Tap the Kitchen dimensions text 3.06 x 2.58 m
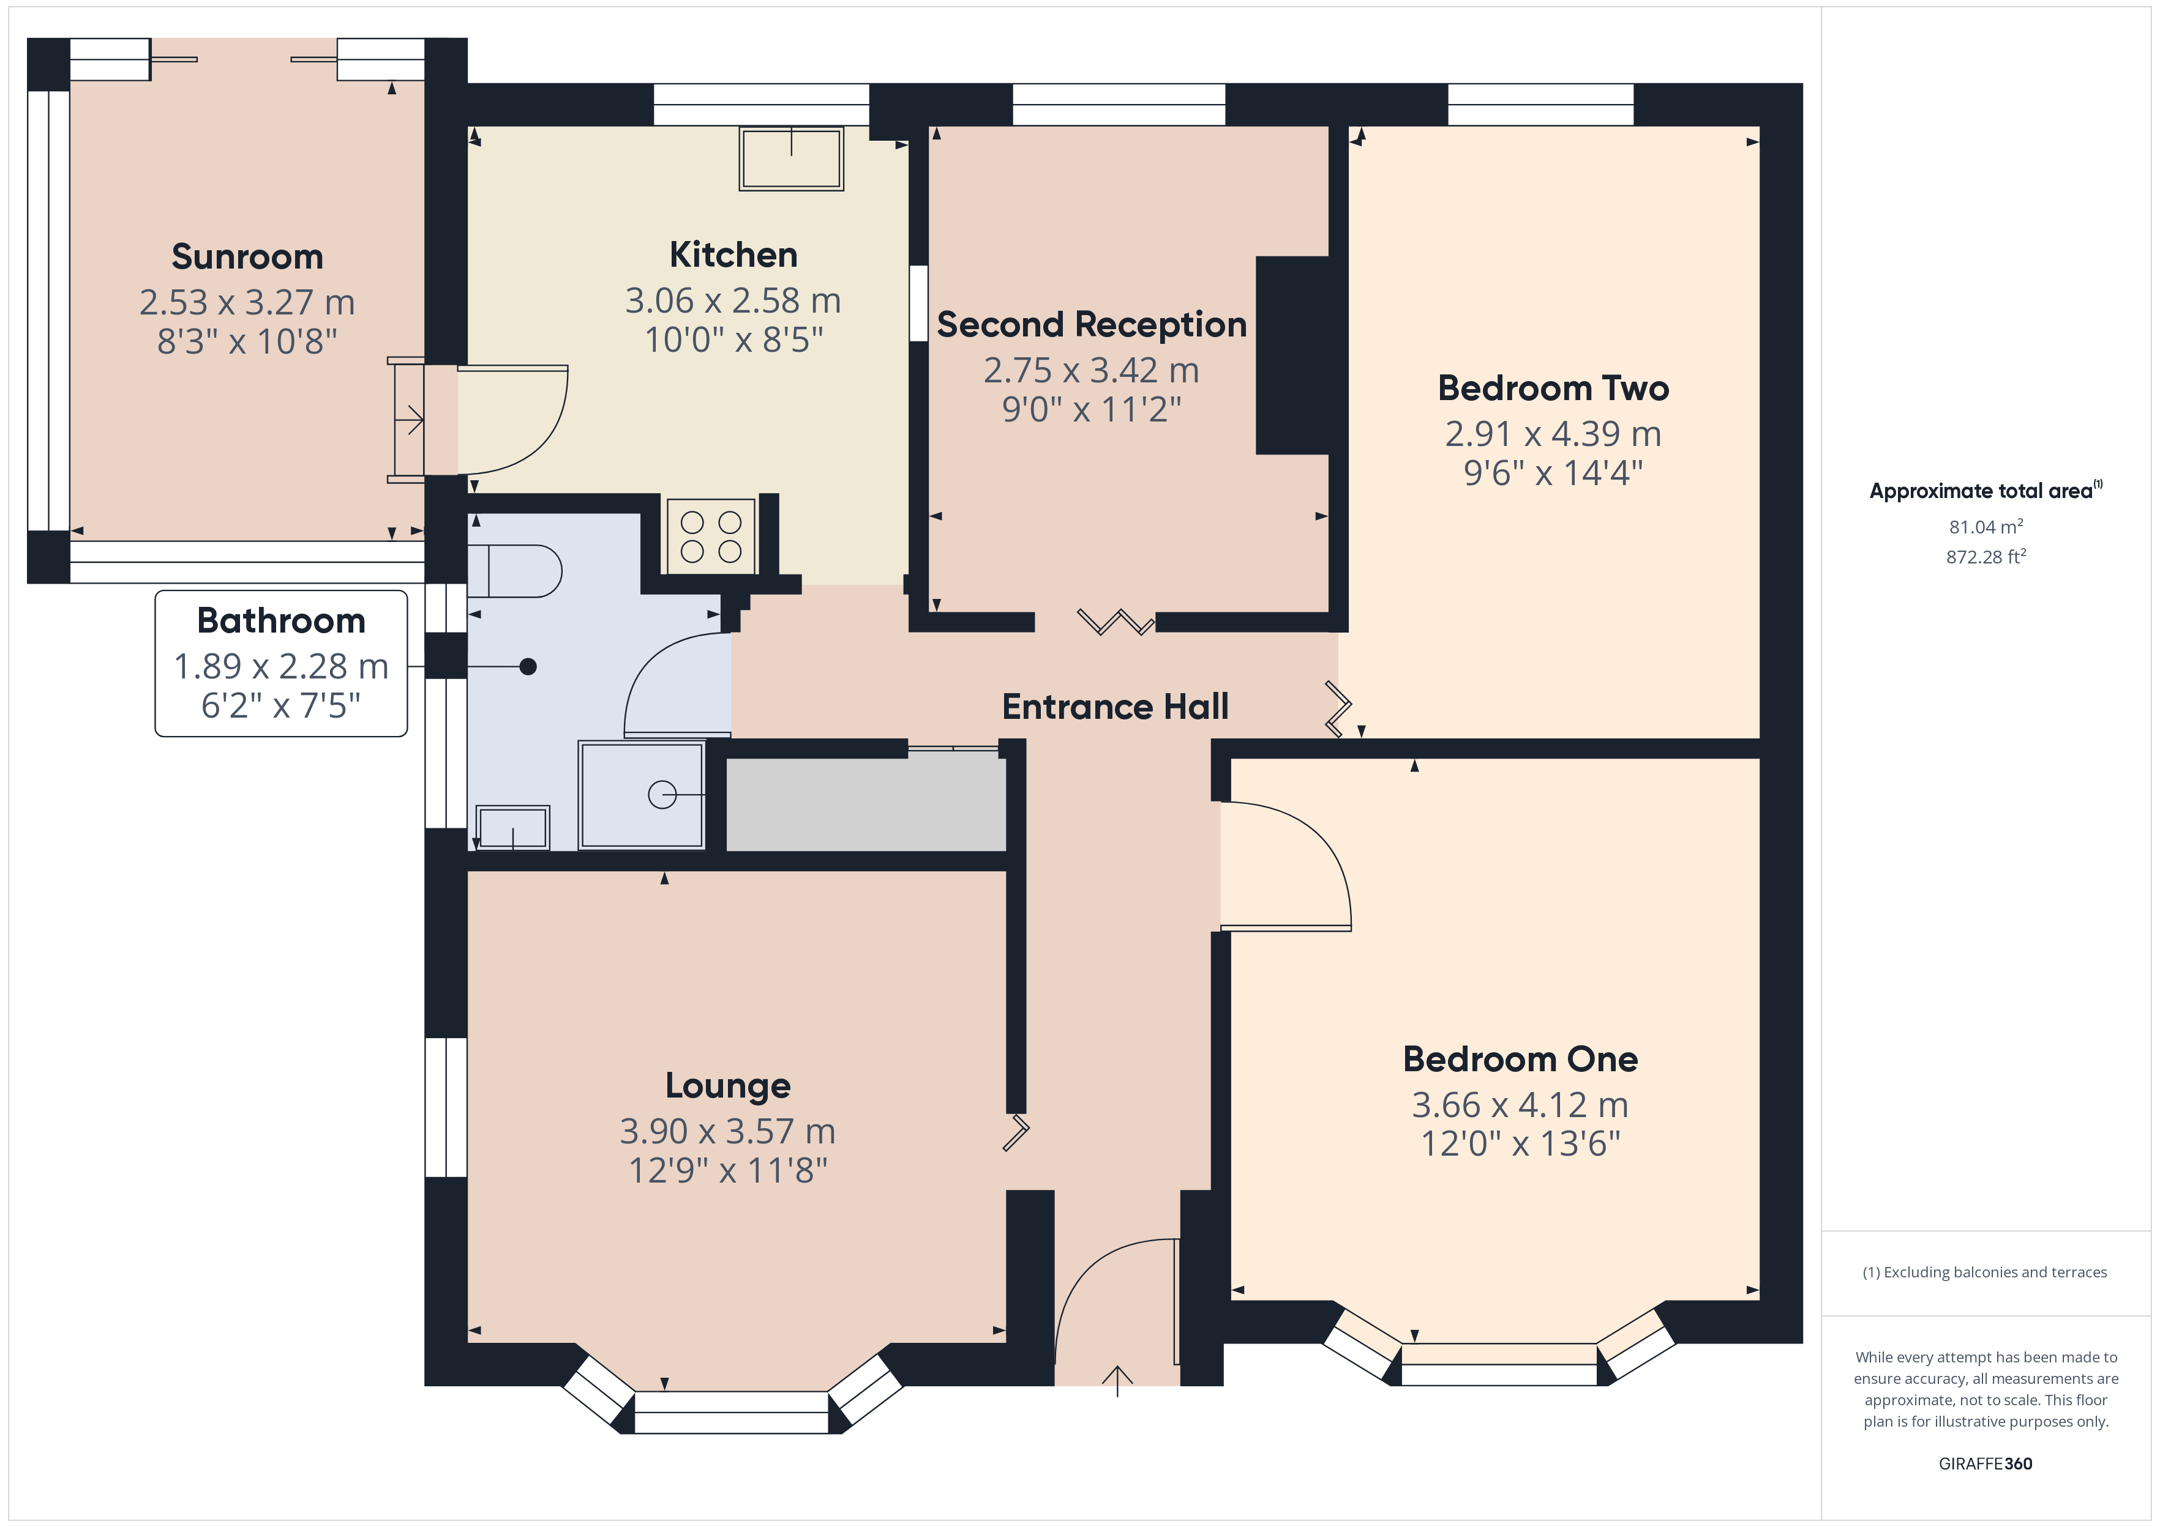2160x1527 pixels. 733,301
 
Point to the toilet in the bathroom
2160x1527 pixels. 515,571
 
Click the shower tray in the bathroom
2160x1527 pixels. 642,795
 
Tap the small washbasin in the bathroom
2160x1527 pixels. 512,828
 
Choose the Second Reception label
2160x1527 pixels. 1091,324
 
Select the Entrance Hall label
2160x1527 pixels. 1115,706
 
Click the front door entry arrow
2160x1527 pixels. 1117,1380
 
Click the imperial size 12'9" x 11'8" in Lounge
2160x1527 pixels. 728,1170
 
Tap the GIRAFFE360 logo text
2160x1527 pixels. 1985,1463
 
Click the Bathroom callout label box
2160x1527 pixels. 281,663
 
